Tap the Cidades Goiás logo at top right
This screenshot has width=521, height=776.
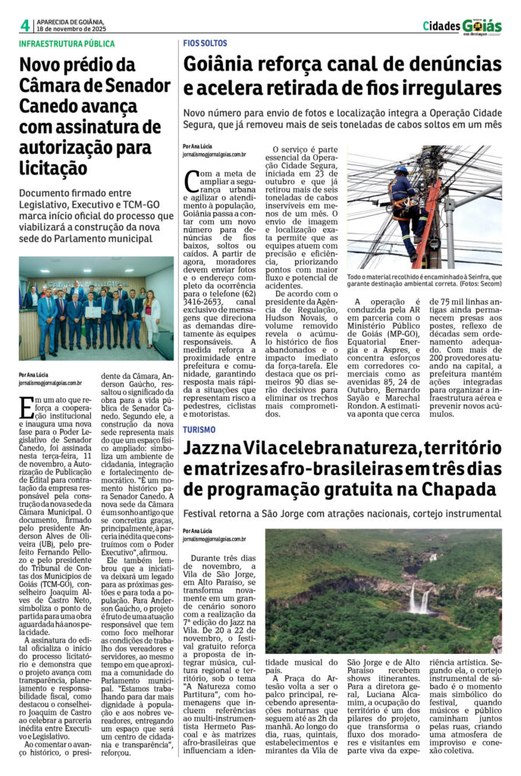click(462, 26)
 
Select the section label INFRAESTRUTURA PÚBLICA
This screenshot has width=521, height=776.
click(67, 44)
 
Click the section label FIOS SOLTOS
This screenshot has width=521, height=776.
click(205, 44)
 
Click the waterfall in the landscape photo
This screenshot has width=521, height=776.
click(415, 599)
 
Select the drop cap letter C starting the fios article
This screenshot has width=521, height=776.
click(194, 181)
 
